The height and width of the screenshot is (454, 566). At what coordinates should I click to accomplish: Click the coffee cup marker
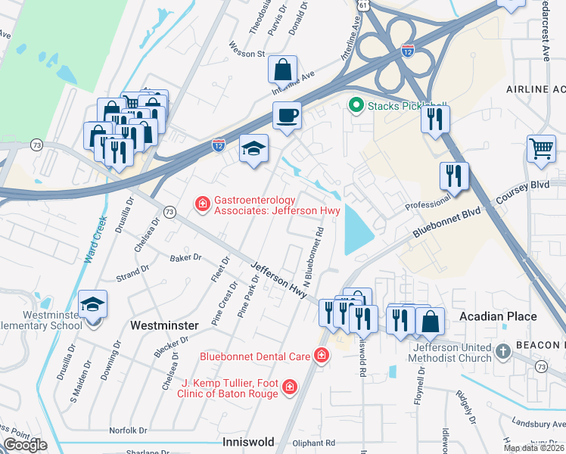click(x=287, y=117)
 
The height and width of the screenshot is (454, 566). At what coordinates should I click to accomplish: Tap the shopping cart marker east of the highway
click(x=541, y=148)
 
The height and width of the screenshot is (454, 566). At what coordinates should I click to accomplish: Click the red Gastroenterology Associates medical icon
click(x=202, y=204)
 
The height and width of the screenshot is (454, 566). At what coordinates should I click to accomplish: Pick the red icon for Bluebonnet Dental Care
click(x=322, y=355)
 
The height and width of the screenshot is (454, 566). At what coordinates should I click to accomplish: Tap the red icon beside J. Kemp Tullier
click(x=288, y=388)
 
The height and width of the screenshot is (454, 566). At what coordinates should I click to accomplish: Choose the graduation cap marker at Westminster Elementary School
click(x=93, y=304)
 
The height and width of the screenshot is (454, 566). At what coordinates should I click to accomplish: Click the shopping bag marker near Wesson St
click(x=281, y=70)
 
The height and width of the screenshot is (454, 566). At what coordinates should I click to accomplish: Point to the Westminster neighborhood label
click(x=164, y=325)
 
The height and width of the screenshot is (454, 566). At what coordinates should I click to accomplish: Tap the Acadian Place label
click(x=497, y=316)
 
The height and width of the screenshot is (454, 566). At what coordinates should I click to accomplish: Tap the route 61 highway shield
click(x=364, y=5)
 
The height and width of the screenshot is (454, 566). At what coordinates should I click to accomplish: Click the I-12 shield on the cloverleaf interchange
click(x=407, y=51)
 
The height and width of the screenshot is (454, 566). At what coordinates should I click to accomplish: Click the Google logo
click(x=25, y=445)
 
